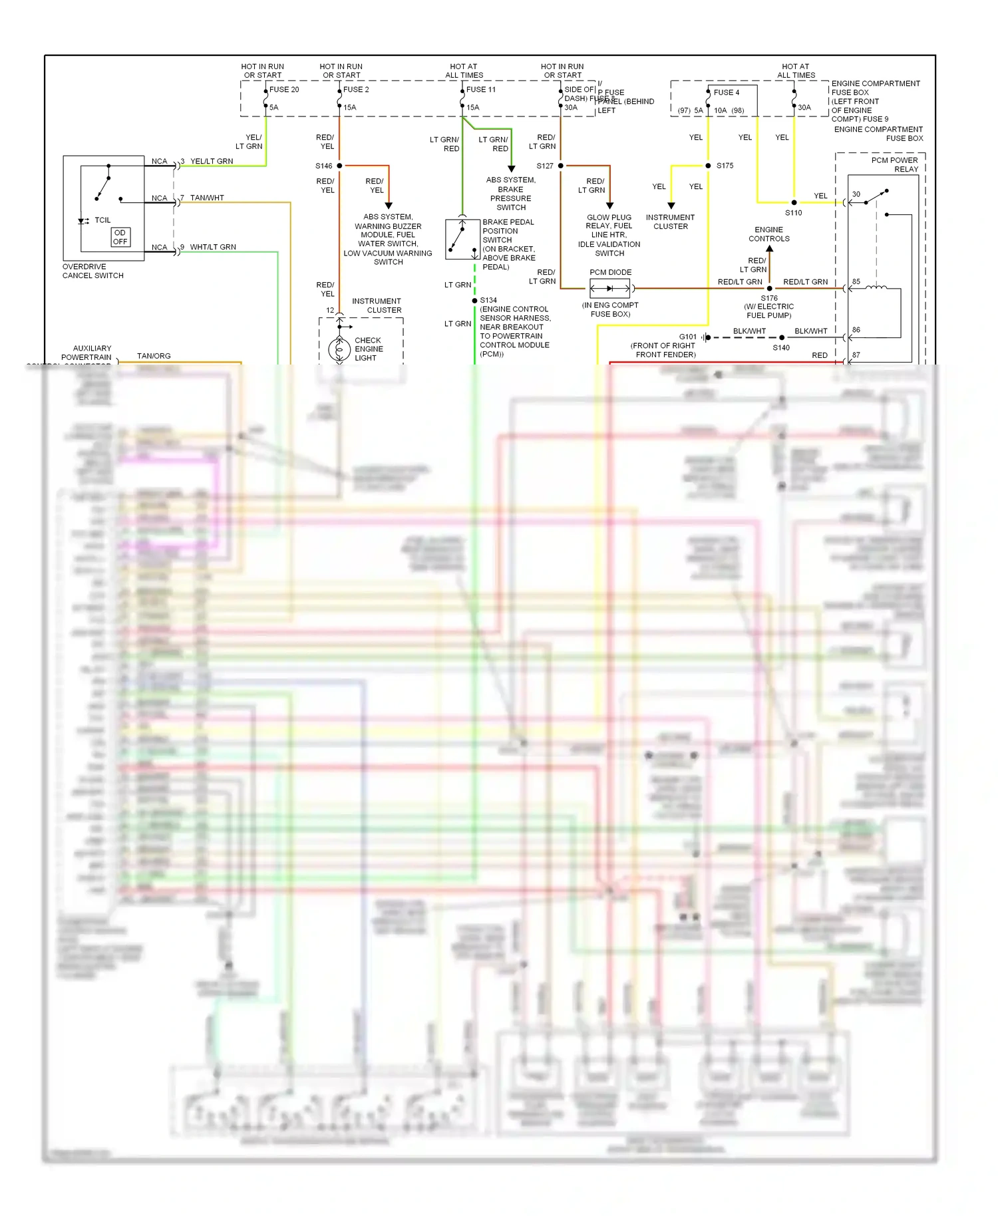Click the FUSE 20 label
284,90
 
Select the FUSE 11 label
480,90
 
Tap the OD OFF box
120,237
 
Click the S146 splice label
323,166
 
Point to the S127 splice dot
561,166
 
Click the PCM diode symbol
610,289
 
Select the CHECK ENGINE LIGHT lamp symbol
339,349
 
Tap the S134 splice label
488,301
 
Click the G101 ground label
688,337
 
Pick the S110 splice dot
794,202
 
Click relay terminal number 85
856,282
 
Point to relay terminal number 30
856,195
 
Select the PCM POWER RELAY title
894,165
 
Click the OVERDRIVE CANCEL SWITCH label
93,271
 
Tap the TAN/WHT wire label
207,198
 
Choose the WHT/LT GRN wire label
213,247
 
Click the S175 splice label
725,166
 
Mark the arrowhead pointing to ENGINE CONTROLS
770,249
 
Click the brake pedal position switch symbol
462,239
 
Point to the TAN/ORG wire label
154,357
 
